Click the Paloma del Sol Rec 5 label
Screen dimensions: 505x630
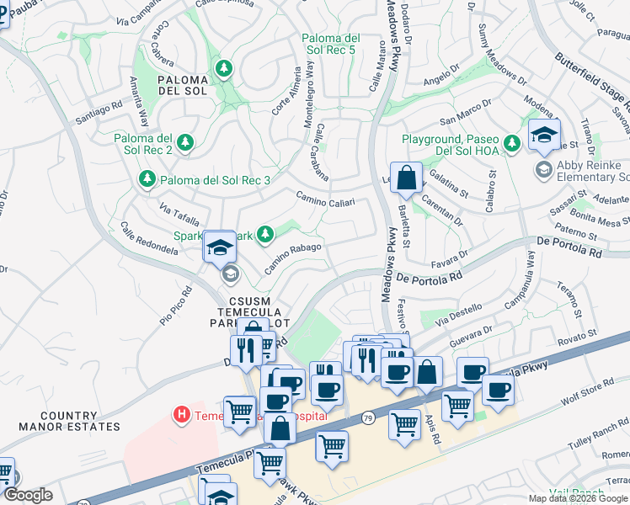coord(331,45)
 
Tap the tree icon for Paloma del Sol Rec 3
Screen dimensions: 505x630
coord(147,179)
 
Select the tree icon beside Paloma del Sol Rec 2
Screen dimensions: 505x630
coord(185,143)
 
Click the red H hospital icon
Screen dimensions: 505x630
coord(179,414)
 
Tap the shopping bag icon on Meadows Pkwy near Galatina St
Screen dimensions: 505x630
coord(406,178)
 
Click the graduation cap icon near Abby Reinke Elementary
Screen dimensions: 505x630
coord(544,135)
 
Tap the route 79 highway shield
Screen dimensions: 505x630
coord(368,417)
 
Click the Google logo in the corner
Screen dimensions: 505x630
coord(27,495)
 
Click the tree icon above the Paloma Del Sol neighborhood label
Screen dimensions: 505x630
coord(224,68)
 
